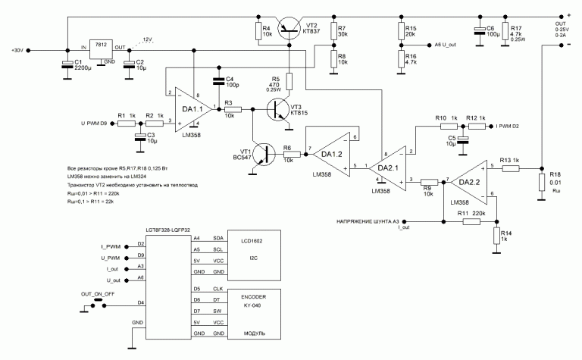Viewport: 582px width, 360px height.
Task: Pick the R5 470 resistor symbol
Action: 289,80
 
